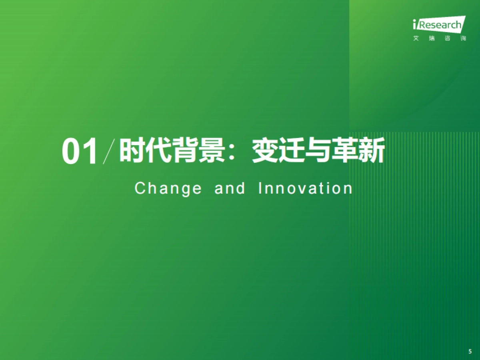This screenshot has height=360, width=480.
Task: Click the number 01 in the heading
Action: point(80,152)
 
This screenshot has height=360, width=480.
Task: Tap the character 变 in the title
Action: point(265,151)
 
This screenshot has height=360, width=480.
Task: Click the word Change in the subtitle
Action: point(168,188)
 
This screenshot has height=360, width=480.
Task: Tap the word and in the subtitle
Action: point(230,188)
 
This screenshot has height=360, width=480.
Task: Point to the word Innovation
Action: point(305,188)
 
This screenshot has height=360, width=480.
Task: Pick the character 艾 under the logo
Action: point(416,39)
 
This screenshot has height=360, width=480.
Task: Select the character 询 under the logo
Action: point(463,39)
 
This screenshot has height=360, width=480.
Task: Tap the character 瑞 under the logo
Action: point(432,39)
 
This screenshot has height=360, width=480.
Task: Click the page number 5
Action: point(470,351)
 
